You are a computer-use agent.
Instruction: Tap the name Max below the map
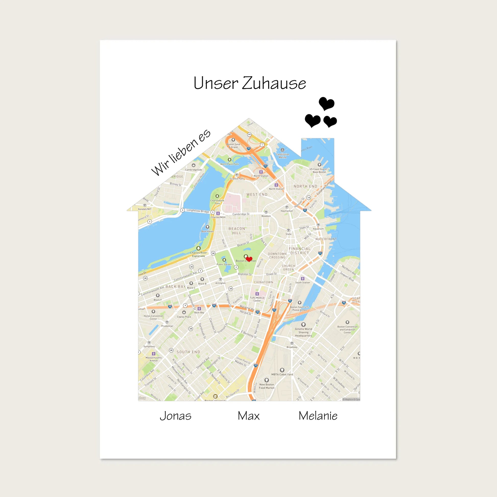[249, 416]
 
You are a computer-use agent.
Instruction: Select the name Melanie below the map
[318, 416]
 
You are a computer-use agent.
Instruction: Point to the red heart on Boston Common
[249, 259]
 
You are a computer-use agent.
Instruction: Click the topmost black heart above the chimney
[326, 103]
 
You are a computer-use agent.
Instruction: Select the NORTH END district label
[305, 186]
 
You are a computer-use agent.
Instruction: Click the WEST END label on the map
[257, 194]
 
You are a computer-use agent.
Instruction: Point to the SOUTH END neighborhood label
[188, 352]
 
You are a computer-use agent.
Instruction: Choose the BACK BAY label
[175, 287]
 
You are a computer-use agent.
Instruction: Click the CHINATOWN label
[263, 282]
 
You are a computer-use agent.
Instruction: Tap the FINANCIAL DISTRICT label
[299, 251]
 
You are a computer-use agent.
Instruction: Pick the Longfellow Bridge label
[198, 211]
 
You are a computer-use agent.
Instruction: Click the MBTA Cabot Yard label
[282, 374]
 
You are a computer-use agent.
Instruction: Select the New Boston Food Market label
[267, 386]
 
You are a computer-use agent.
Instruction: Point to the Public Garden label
[224, 264]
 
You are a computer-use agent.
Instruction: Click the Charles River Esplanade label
[198, 254]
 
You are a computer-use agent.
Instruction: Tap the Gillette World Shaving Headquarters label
[303, 332]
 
